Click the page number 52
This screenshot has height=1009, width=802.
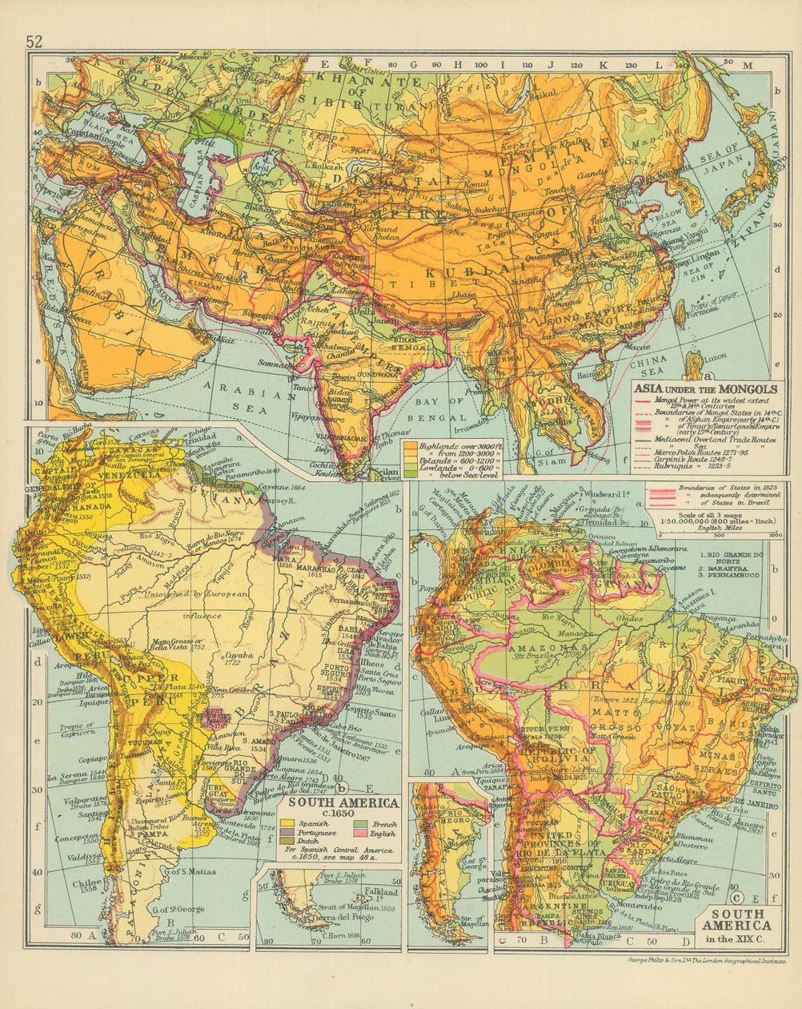[34, 42]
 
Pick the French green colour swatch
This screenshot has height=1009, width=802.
[360, 824]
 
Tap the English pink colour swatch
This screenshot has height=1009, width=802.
[360, 833]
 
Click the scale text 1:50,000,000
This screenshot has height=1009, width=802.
[684, 521]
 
